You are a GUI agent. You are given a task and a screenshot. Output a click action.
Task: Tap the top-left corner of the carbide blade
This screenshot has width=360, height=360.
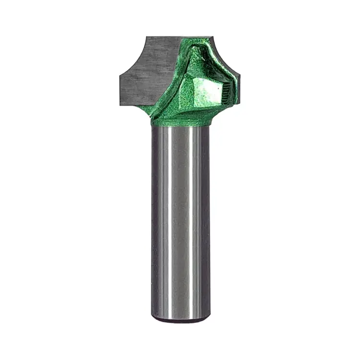[x=146, y=36]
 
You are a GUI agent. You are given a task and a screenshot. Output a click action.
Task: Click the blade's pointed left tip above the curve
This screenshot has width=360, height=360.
[x=120, y=74]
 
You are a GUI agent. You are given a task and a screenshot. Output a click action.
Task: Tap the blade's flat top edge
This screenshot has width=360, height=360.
[x=163, y=37]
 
